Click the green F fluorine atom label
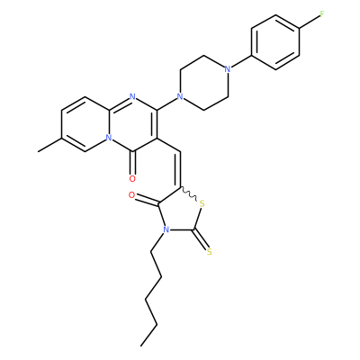pyautogui.click(x=322, y=14)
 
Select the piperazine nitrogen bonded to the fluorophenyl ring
pyautogui.click(x=228, y=69)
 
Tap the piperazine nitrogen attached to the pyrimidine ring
pyautogui.click(x=180, y=96)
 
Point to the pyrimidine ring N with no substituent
pyautogui.click(x=132, y=96)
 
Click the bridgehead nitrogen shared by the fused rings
pyautogui.click(x=109, y=138)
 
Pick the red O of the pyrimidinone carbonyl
pyautogui.click(x=132, y=179)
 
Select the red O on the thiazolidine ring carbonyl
pyautogui.click(x=131, y=195)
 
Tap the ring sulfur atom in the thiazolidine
pyautogui.click(x=202, y=204)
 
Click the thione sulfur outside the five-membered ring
pyautogui.click(x=210, y=252)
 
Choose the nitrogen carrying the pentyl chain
pyautogui.click(x=165, y=230)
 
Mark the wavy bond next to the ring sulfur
pyautogui.click(x=189, y=193)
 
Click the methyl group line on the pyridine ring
pyautogui.click(x=49, y=145)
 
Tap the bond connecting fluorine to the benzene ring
pyautogui.click(x=310, y=21)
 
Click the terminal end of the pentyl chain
pyautogui.click(x=141, y=346)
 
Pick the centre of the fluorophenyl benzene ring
pyautogui.click(x=275, y=42)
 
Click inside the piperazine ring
pyautogui.click(x=204, y=83)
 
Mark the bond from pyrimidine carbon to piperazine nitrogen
pyautogui.click(x=167, y=103)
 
